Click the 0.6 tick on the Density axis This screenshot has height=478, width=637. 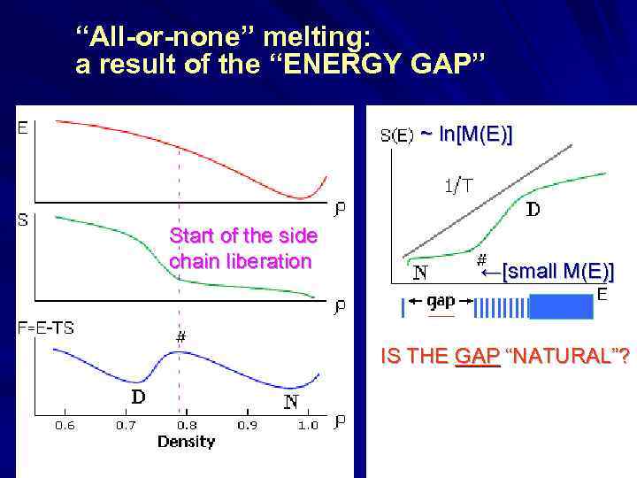[x=65, y=425]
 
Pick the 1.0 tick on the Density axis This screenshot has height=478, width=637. [x=307, y=425]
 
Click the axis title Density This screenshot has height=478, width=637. [x=185, y=441]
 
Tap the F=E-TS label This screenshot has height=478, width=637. [x=45, y=328]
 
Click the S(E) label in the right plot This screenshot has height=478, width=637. [x=397, y=136]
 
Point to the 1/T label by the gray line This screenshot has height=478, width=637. [x=457, y=186]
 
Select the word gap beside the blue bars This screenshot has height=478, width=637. [x=440, y=301]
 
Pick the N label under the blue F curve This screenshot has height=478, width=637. [x=291, y=401]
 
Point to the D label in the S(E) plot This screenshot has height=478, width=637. [x=534, y=211]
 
